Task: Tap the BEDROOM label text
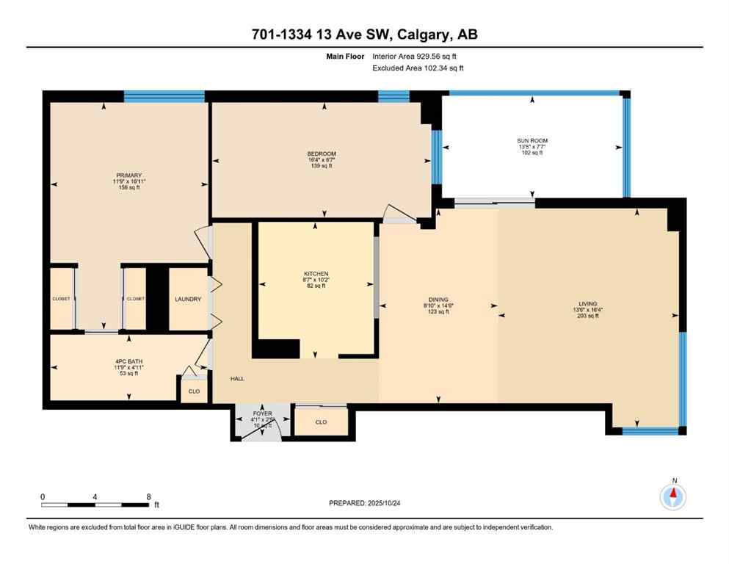coord(322,153)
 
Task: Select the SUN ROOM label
coord(532,141)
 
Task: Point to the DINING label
coord(438,300)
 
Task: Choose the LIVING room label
coord(587,304)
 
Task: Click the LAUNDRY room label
coord(188,300)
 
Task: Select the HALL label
coord(237,379)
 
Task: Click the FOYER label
coord(262,414)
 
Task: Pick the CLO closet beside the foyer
coord(321,422)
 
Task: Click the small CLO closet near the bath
coord(194,391)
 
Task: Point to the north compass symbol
coord(673,497)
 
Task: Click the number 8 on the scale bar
coord(149,496)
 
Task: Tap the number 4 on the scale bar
coord(95,496)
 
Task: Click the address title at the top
coord(364,34)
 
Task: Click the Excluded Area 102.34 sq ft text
coord(418,68)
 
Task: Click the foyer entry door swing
coord(258,429)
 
